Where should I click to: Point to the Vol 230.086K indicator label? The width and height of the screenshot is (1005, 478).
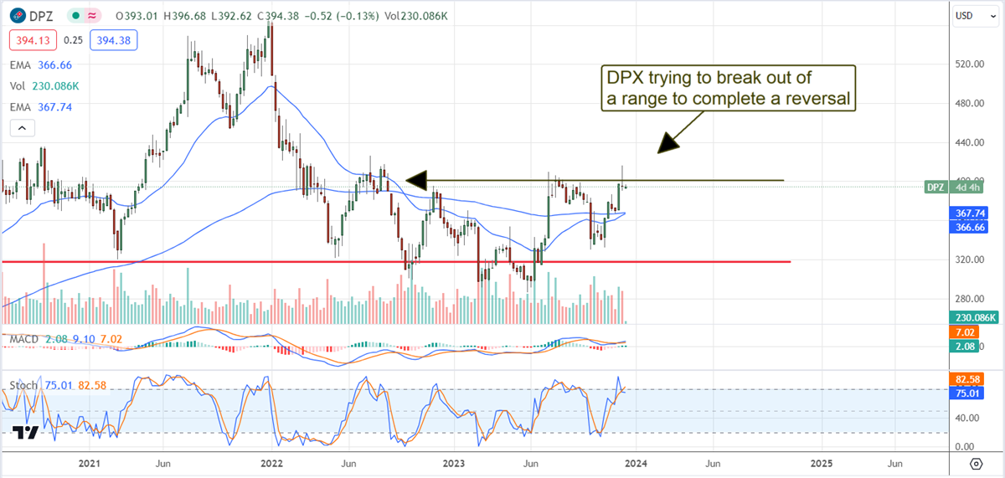coord(43,85)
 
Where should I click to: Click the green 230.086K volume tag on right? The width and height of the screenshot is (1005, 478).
coord(971,318)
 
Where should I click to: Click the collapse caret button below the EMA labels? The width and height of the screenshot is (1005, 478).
coord(22,129)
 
